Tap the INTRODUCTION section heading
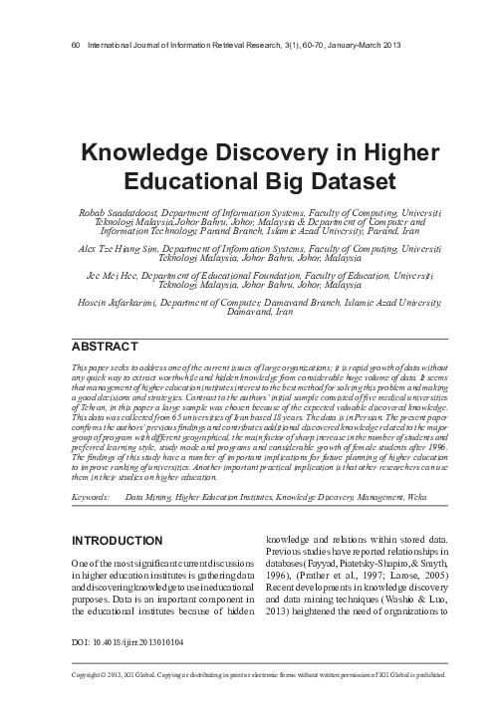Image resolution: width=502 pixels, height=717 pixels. coord(113,541)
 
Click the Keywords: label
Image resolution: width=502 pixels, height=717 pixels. coord(92,495)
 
